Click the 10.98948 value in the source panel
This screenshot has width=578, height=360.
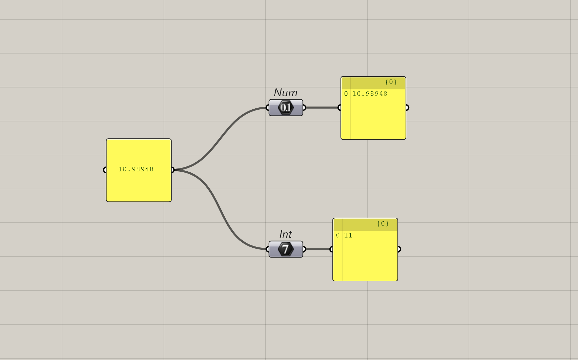pyautogui.click(x=136, y=169)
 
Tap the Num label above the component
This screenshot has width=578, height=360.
pyautogui.click(x=285, y=93)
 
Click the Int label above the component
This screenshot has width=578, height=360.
pyautogui.click(x=285, y=234)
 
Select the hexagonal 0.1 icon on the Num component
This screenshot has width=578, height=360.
pyautogui.click(x=286, y=108)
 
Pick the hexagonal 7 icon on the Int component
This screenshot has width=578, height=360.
pyautogui.click(x=286, y=249)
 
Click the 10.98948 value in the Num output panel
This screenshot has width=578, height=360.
pyautogui.click(x=370, y=94)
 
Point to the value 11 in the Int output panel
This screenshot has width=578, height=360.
pyautogui.click(x=348, y=236)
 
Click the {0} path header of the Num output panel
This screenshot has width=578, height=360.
pyautogui.click(x=391, y=82)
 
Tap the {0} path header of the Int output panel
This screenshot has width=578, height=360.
pyautogui.click(x=383, y=224)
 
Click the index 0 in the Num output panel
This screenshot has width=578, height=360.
pyautogui.click(x=346, y=94)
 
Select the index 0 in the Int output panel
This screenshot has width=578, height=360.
pyautogui.click(x=338, y=236)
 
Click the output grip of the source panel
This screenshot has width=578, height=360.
pyautogui.click(x=172, y=170)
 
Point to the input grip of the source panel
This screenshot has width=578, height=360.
pyautogui.click(x=104, y=170)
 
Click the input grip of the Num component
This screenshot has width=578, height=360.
pyautogui.click(x=268, y=108)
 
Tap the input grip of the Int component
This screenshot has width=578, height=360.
pyautogui.click(x=268, y=249)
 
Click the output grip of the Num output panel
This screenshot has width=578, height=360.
pyautogui.click(x=407, y=108)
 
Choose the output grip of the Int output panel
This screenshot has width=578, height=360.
pyautogui.click(x=399, y=249)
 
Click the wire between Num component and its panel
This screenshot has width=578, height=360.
pyautogui.click(x=322, y=108)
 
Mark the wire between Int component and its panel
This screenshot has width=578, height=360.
pyautogui.click(x=317, y=249)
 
